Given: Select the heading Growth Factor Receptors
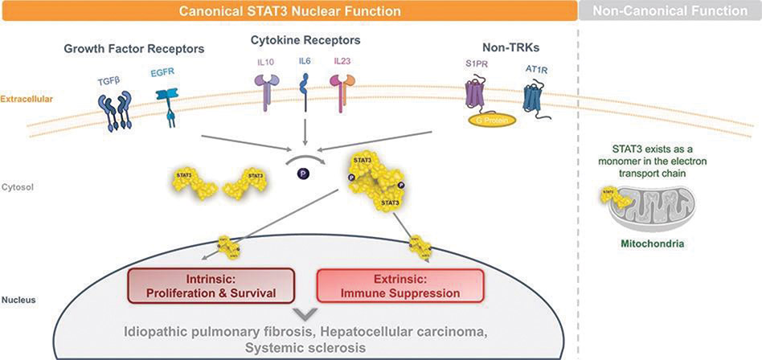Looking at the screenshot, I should coord(134,49).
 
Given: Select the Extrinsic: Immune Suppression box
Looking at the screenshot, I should coord(400,285).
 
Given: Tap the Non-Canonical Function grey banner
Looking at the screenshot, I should coord(670,10).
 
